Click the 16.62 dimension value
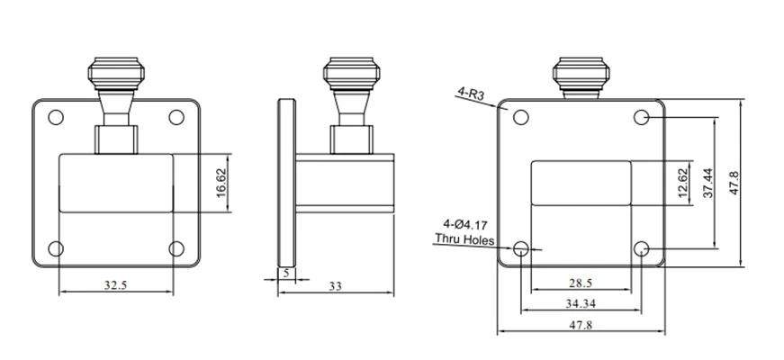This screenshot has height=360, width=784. [222, 183]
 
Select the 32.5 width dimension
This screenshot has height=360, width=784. [116, 285]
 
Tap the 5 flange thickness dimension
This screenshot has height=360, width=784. [286, 274]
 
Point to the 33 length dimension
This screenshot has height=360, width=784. [335, 286]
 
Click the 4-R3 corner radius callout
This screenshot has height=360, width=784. [471, 94]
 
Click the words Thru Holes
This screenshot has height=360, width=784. [464, 239]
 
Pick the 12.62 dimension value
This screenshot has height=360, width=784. [684, 183]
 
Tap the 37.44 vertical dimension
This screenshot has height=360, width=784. [708, 183]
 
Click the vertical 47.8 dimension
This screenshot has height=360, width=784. [734, 183]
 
